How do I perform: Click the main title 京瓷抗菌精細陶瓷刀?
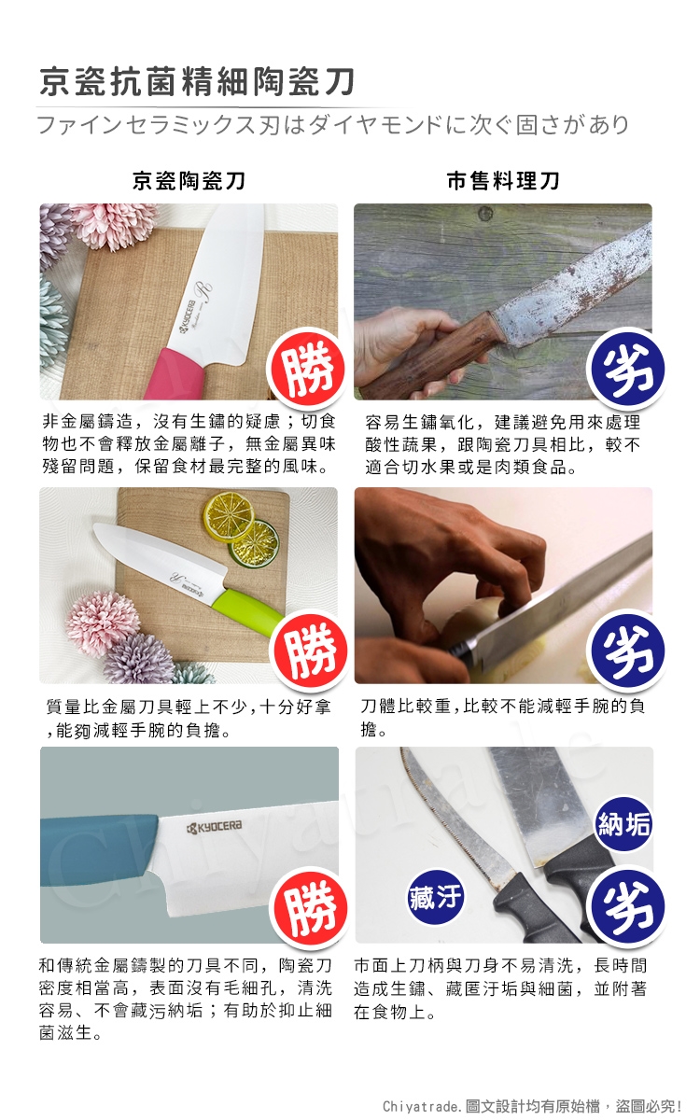pyautogui.click(x=197, y=82)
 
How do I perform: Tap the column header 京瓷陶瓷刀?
pyautogui.click(x=189, y=180)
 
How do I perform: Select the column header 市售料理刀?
pyautogui.click(x=503, y=180)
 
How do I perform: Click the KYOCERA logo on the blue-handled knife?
pyautogui.click(x=214, y=827)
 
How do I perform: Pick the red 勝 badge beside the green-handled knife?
pyautogui.click(x=309, y=649)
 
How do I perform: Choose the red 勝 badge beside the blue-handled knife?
pyautogui.click(x=309, y=907)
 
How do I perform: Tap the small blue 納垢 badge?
pyautogui.click(x=624, y=824)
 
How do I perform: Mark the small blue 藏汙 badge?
pyautogui.click(x=435, y=896)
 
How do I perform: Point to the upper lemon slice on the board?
pyautogui.click(x=229, y=517)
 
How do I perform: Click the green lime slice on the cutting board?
pyautogui.click(x=254, y=544)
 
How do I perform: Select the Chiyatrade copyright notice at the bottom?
pyautogui.click(x=532, y=1106)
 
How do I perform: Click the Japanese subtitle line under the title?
pyautogui.click(x=333, y=124)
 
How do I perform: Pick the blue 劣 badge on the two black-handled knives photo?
pyautogui.click(x=628, y=907)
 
